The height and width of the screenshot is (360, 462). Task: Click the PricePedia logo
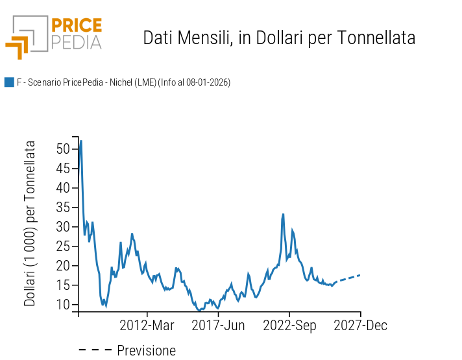[x=54, y=36]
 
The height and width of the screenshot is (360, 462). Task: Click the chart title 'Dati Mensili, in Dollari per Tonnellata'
[x=279, y=38]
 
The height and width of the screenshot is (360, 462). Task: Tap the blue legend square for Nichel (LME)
[x=9, y=82]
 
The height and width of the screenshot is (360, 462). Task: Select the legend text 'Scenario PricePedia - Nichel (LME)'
[x=123, y=82]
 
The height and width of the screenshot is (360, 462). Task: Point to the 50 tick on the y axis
[x=62, y=149]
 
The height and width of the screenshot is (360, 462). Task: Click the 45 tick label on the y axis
[x=62, y=169]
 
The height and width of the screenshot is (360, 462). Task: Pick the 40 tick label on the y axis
[x=62, y=188]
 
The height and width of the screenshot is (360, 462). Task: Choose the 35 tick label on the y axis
[x=62, y=208]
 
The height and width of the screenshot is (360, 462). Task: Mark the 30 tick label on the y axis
[x=62, y=227]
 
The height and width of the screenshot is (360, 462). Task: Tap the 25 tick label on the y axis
[x=62, y=246]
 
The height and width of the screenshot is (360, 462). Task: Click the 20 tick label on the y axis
[x=62, y=266]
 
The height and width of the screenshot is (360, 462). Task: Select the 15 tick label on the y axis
[x=62, y=285]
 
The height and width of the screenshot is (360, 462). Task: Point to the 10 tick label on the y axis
[x=62, y=305]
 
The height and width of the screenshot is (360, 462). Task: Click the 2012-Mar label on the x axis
[x=147, y=326]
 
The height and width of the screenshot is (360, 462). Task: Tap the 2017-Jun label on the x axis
[x=218, y=326]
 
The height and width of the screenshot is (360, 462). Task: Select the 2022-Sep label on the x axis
[x=289, y=326]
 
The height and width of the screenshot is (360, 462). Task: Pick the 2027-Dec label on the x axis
[x=360, y=326]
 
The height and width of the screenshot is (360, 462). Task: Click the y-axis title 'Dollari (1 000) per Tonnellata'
[x=30, y=223]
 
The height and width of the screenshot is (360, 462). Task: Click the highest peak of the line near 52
[x=80, y=141]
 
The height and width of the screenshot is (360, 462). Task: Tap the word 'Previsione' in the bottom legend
[x=146, y=351]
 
